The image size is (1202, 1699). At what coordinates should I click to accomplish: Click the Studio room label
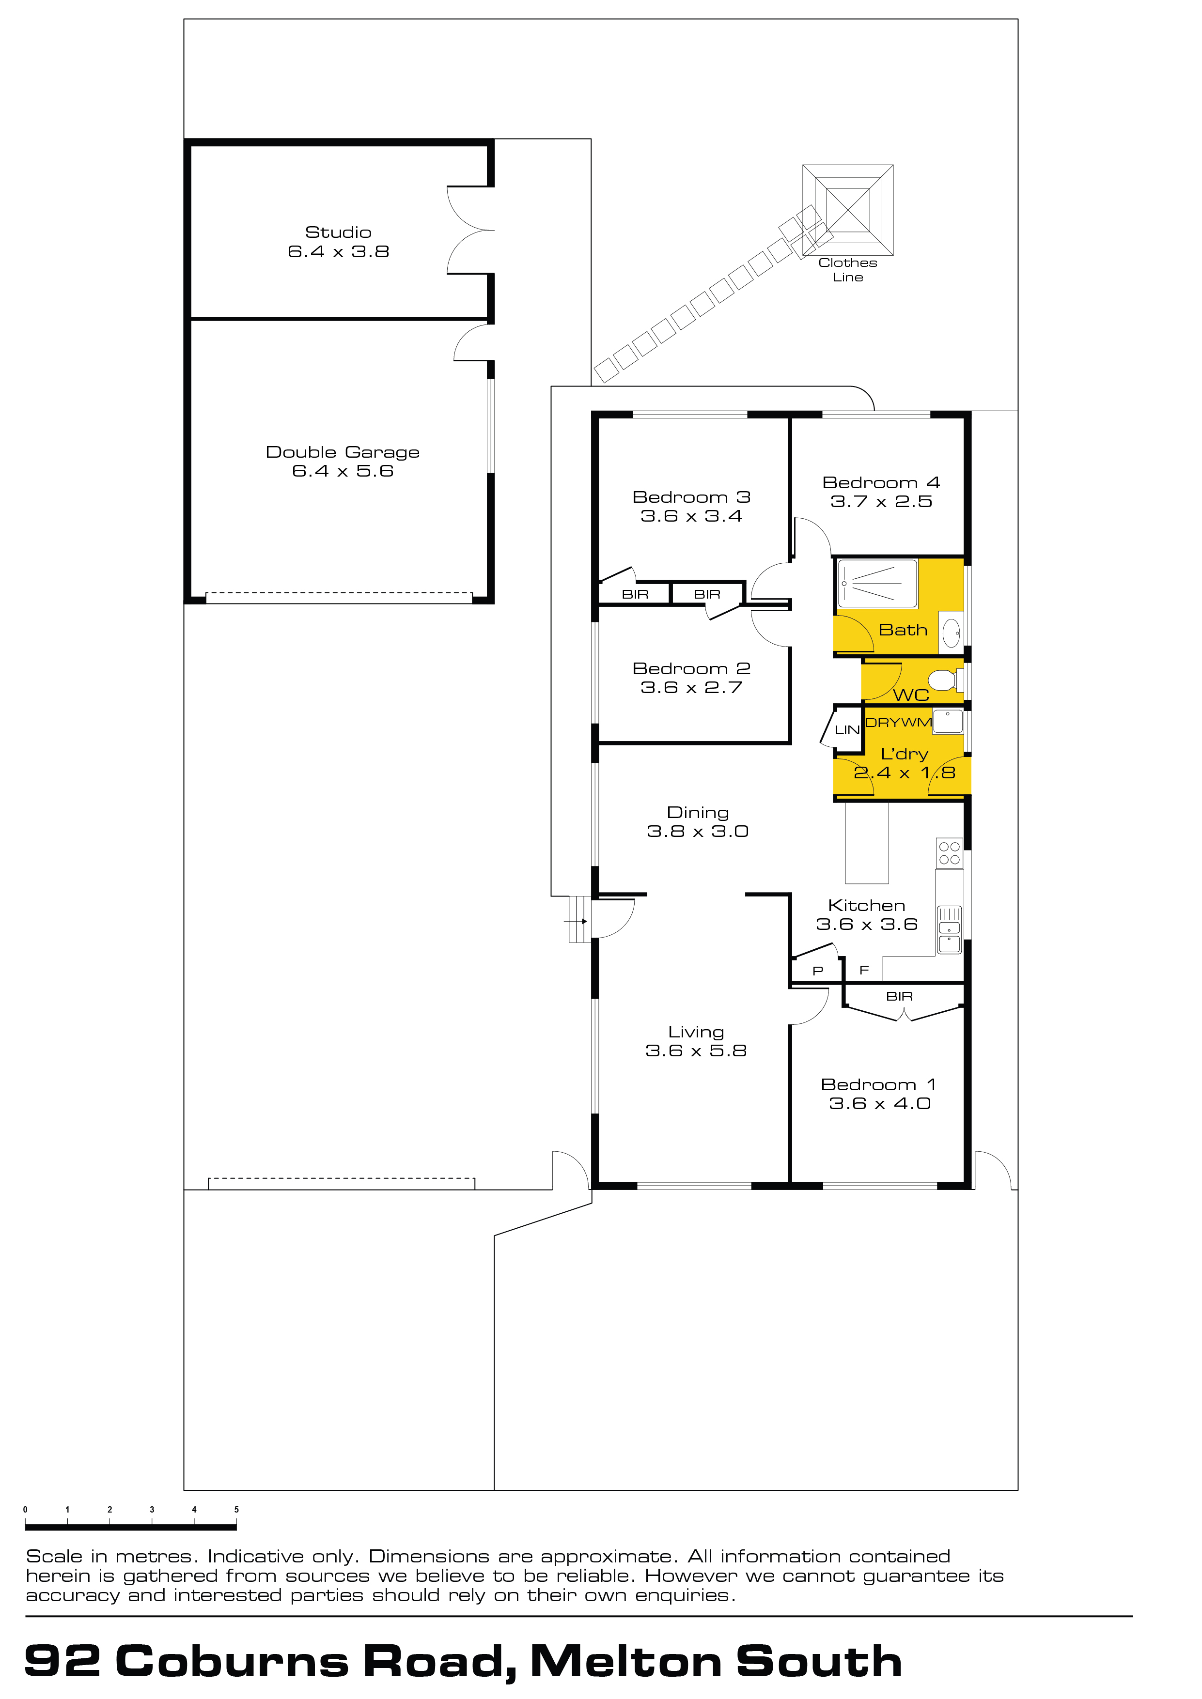(338, 232)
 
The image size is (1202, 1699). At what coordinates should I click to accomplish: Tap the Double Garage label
(343, 452)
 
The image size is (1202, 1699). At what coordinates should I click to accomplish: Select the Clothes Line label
(848, 269)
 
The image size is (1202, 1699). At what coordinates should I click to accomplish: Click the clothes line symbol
(848, 210)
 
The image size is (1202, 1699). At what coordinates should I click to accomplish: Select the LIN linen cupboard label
(847, 729)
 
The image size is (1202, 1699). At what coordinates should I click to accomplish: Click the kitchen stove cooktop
(950, 853)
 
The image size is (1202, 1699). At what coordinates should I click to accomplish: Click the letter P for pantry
(818, 971)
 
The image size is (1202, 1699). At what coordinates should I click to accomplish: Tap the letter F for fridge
(864, 970)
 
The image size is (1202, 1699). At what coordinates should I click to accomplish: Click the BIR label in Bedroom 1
(899, 997)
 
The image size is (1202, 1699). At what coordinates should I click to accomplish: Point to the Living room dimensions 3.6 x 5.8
(696, 1051)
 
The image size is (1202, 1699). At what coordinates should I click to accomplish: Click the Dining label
(698, 813)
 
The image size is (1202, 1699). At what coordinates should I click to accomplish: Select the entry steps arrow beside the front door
(576, 921)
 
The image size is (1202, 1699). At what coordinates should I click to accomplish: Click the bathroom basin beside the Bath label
(951, 633)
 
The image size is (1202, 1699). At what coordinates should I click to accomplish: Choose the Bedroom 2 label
(691, 669)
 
